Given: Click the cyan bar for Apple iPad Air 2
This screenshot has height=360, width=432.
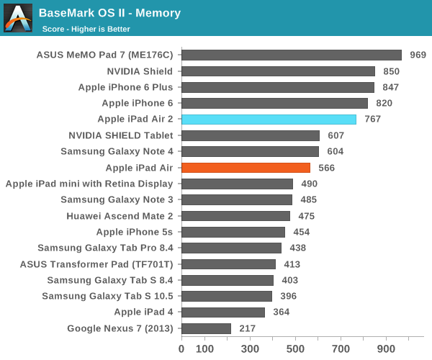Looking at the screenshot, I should coord(269,120).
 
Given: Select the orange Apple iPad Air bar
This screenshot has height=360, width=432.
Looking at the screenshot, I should coord(246,168).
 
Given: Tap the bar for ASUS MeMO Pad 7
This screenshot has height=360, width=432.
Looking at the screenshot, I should coord(292,55).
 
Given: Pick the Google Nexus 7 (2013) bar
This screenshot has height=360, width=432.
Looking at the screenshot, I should coord(206,328).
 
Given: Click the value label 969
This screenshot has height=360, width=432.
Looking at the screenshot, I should coord(418,55).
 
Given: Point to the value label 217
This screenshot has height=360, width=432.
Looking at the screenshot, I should coord(248,328).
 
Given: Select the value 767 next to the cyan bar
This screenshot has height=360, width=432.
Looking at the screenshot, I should coord(372,120).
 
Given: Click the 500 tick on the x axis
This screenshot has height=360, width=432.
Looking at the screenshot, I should coord(296,349).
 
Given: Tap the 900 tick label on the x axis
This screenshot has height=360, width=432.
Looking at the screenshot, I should coord(387,349).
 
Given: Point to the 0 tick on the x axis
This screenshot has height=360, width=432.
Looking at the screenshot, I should coord(181,349).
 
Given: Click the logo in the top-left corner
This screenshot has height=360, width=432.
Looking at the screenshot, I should coord(17,18).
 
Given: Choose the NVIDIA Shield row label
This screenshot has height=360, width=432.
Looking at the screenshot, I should coord(140,71).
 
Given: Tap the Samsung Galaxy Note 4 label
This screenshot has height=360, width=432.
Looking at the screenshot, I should coord(117,151).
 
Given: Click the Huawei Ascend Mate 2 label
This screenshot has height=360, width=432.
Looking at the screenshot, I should coord(120,216).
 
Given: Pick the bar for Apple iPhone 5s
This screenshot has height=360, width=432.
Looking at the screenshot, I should coord(233,232).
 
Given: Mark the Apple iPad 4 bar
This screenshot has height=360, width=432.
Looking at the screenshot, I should coord(223,312).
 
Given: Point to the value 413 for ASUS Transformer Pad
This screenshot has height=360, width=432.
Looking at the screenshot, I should coord(292,264).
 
